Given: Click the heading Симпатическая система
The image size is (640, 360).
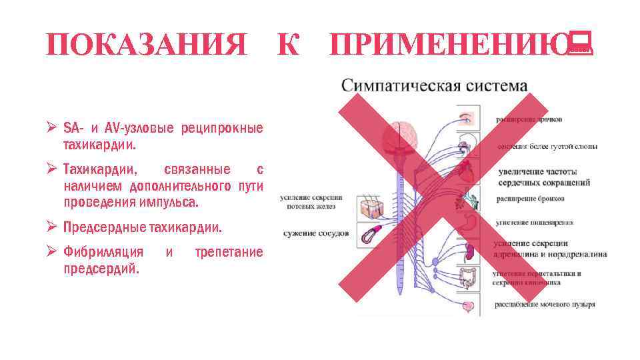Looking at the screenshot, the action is [x=435, y=87].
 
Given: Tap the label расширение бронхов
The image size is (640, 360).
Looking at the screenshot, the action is [x=531, y=199].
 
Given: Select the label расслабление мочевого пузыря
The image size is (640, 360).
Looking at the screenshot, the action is [x=545, y=305].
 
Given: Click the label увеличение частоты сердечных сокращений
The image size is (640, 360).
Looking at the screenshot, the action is [x=543, y=177].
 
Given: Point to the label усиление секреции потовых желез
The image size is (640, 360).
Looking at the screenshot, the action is [x=311, y=202].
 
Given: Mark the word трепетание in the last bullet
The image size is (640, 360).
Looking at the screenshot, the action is [x=229, y=252].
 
